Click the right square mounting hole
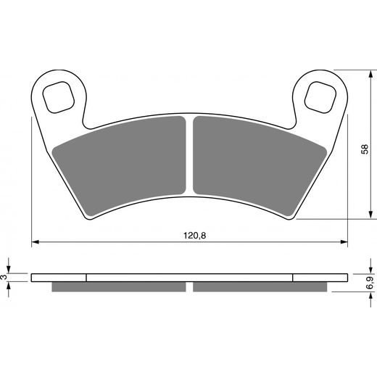(319, 97)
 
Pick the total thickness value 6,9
(370, 282)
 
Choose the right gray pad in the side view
(257, 286)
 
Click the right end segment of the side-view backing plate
(319, 276)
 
